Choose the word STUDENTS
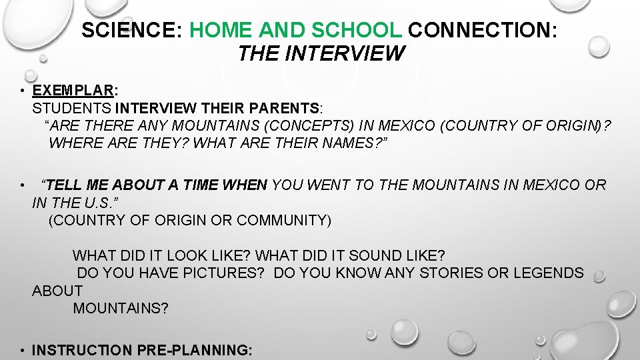(72, 108)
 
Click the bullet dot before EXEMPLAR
(23, 91)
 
